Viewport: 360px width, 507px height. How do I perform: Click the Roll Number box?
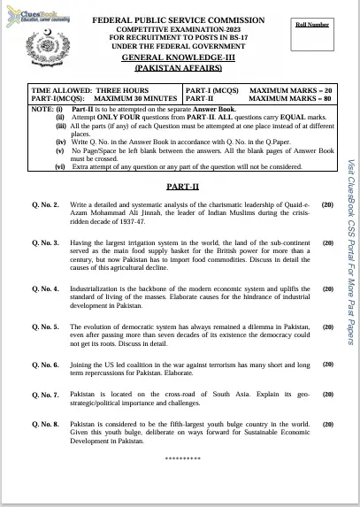pyautogui.click(x=312, y=33)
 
